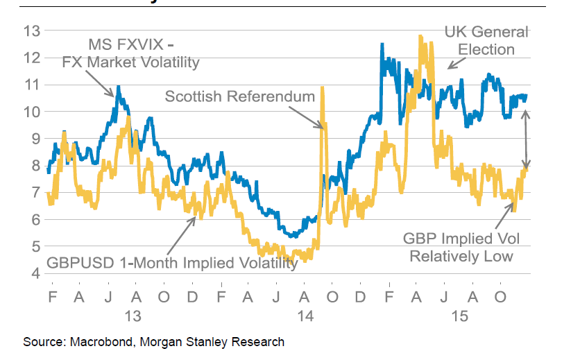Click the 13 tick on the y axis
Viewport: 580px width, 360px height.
(x=31, y=31)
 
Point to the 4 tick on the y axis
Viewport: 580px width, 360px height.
(x=33, y=273)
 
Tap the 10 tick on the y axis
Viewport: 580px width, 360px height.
(x=31, y=111)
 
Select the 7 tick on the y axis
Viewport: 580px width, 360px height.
(x=33, y=192)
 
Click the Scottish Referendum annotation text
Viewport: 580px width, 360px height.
(x=239, y=96)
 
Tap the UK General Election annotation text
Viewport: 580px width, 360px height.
(x=486, y=40)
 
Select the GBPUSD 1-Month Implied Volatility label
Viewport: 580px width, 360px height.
(x=172, y=263)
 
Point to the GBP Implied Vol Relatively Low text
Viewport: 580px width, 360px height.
(x=461, y=247)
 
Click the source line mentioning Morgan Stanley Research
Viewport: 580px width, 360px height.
(x=153, y=342)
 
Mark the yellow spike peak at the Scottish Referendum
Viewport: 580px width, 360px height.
(x=323, y=89)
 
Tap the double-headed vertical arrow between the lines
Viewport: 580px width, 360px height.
(x=526, y=139)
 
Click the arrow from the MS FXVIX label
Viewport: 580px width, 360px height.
(x=103, y=85)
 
